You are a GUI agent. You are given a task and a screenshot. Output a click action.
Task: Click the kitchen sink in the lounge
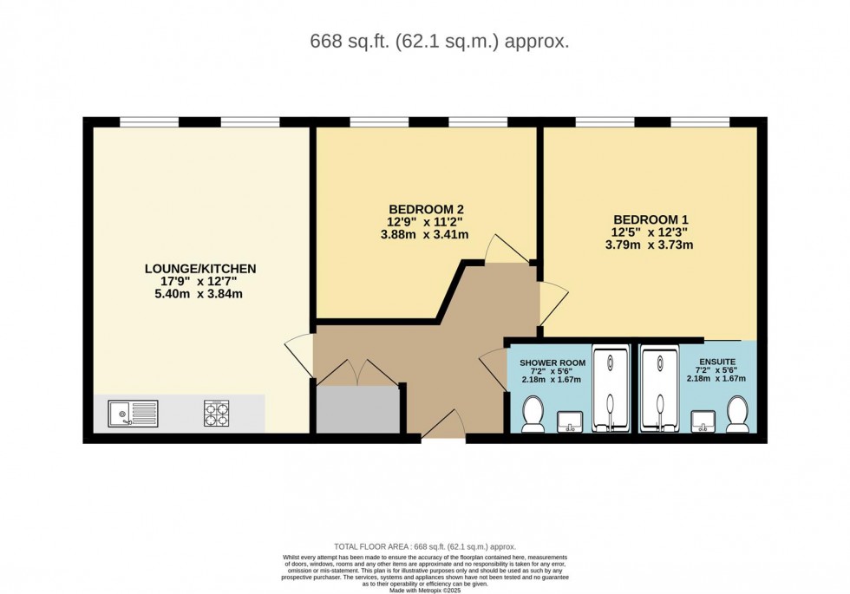tap(133, 414)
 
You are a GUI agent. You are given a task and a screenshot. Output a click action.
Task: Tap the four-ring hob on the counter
tap(216, 413)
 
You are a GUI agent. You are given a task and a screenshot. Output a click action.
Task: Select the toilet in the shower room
tap(533, 414)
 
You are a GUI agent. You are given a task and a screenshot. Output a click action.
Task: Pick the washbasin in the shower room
tap(571, 421)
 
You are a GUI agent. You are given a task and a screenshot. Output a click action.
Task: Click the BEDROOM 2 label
tap(427, 209)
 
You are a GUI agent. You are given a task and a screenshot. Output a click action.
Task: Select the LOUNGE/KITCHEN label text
tap(200, 269)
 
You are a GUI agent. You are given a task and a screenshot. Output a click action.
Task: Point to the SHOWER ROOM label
tap(552, 362)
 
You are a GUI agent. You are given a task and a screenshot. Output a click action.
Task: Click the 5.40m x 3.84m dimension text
tap(200, 294)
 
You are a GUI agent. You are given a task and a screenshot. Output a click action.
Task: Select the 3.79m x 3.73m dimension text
tap(650, 245)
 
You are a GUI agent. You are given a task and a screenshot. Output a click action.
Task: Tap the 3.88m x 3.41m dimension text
tap(427, 234)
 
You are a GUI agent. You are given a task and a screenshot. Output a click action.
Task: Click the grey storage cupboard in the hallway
tap(356, 410)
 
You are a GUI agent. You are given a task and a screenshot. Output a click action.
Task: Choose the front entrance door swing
tap(443, 424)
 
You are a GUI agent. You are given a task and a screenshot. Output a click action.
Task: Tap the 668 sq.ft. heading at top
tap(440, 41)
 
